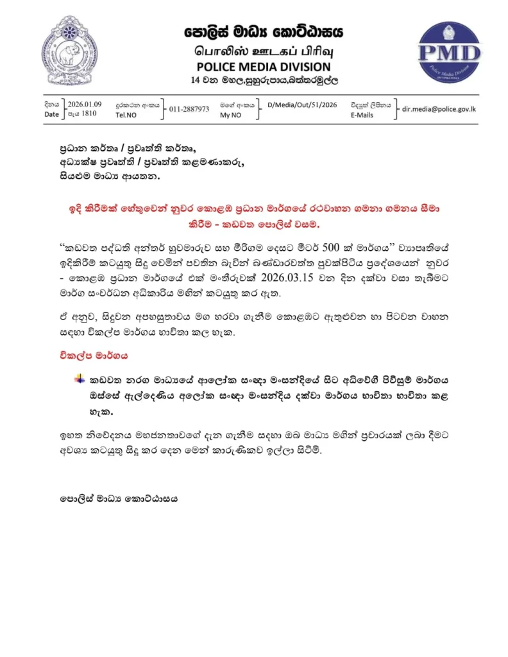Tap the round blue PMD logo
(449, 51)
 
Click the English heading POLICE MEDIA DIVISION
(264, 66)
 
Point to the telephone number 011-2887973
(189, 108)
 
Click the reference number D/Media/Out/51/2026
(301, 104)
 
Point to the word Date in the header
(51, 114)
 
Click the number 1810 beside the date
(89, 114)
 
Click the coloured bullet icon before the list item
(80, 379)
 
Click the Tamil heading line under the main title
(263, 50)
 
